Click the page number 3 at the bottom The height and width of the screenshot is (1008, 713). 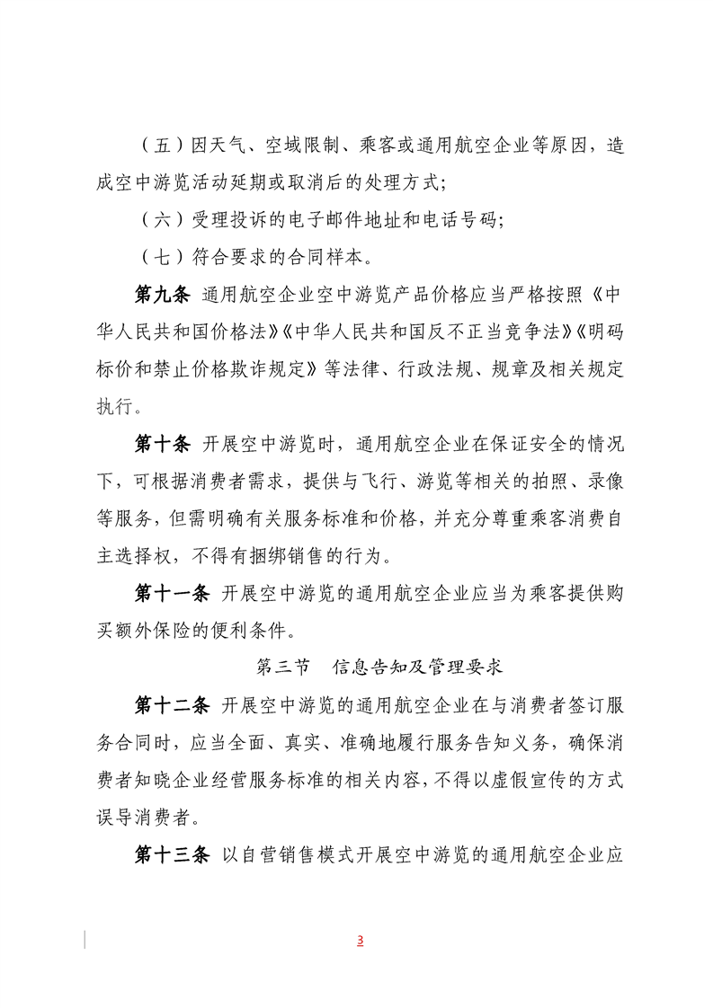click(x=360, y=941)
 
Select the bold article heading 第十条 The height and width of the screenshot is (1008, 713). click(x=163, y=444)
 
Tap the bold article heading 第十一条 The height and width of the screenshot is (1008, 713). click(x=173, y=592)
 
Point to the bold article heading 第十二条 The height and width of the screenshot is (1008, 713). click(x=173, y=706)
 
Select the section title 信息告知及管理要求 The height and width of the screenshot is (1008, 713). click(x=417, y=667)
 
